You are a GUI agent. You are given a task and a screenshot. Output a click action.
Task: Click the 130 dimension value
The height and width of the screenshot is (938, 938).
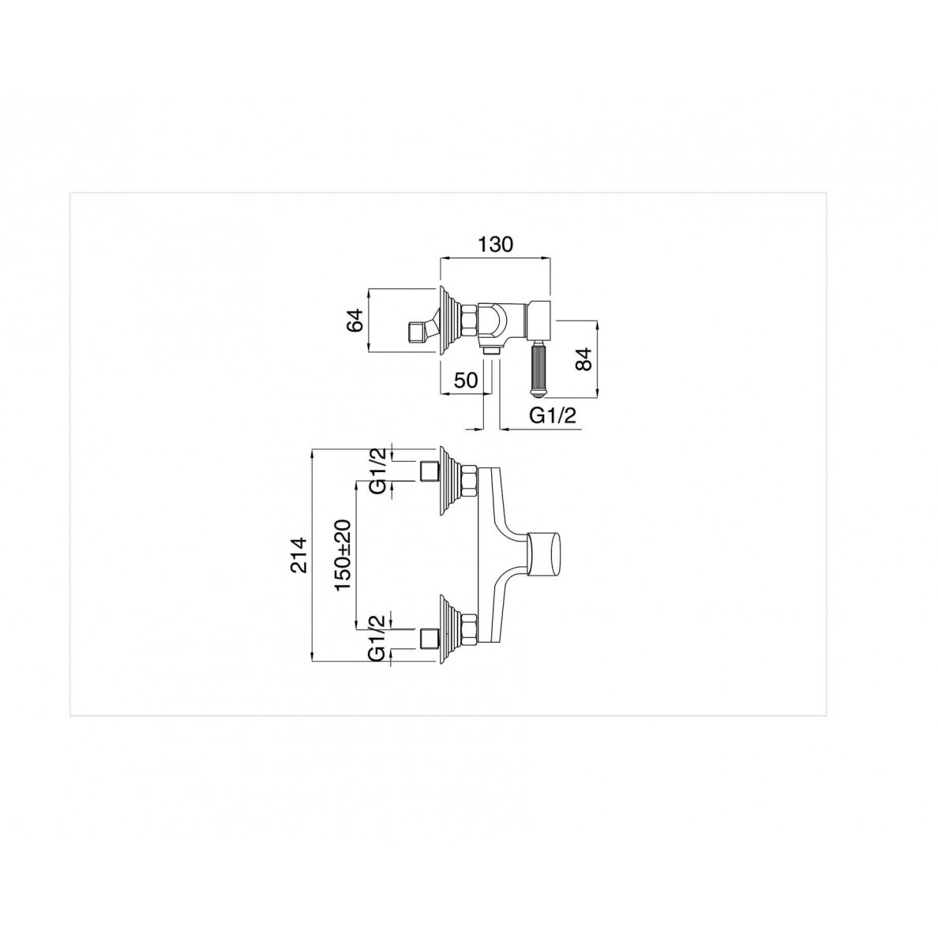tap(495, 244)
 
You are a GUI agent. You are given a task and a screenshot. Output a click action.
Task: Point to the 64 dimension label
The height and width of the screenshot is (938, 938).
tap(355, 321)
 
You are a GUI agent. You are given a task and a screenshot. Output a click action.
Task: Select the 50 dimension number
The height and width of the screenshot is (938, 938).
tap(465, 380)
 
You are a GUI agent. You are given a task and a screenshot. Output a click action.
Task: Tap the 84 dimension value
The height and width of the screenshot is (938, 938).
tap(583, 358)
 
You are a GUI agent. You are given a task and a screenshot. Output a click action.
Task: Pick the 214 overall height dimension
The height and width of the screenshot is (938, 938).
tap(298, 554)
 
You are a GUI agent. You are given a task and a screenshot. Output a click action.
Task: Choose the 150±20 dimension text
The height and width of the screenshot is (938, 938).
tap(343, 555)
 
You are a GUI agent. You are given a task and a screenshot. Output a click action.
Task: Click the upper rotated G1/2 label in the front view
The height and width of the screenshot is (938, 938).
tap(377, 471)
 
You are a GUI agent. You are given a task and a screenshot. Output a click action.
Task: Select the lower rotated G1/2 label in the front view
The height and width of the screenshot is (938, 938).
tap(377, 638)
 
